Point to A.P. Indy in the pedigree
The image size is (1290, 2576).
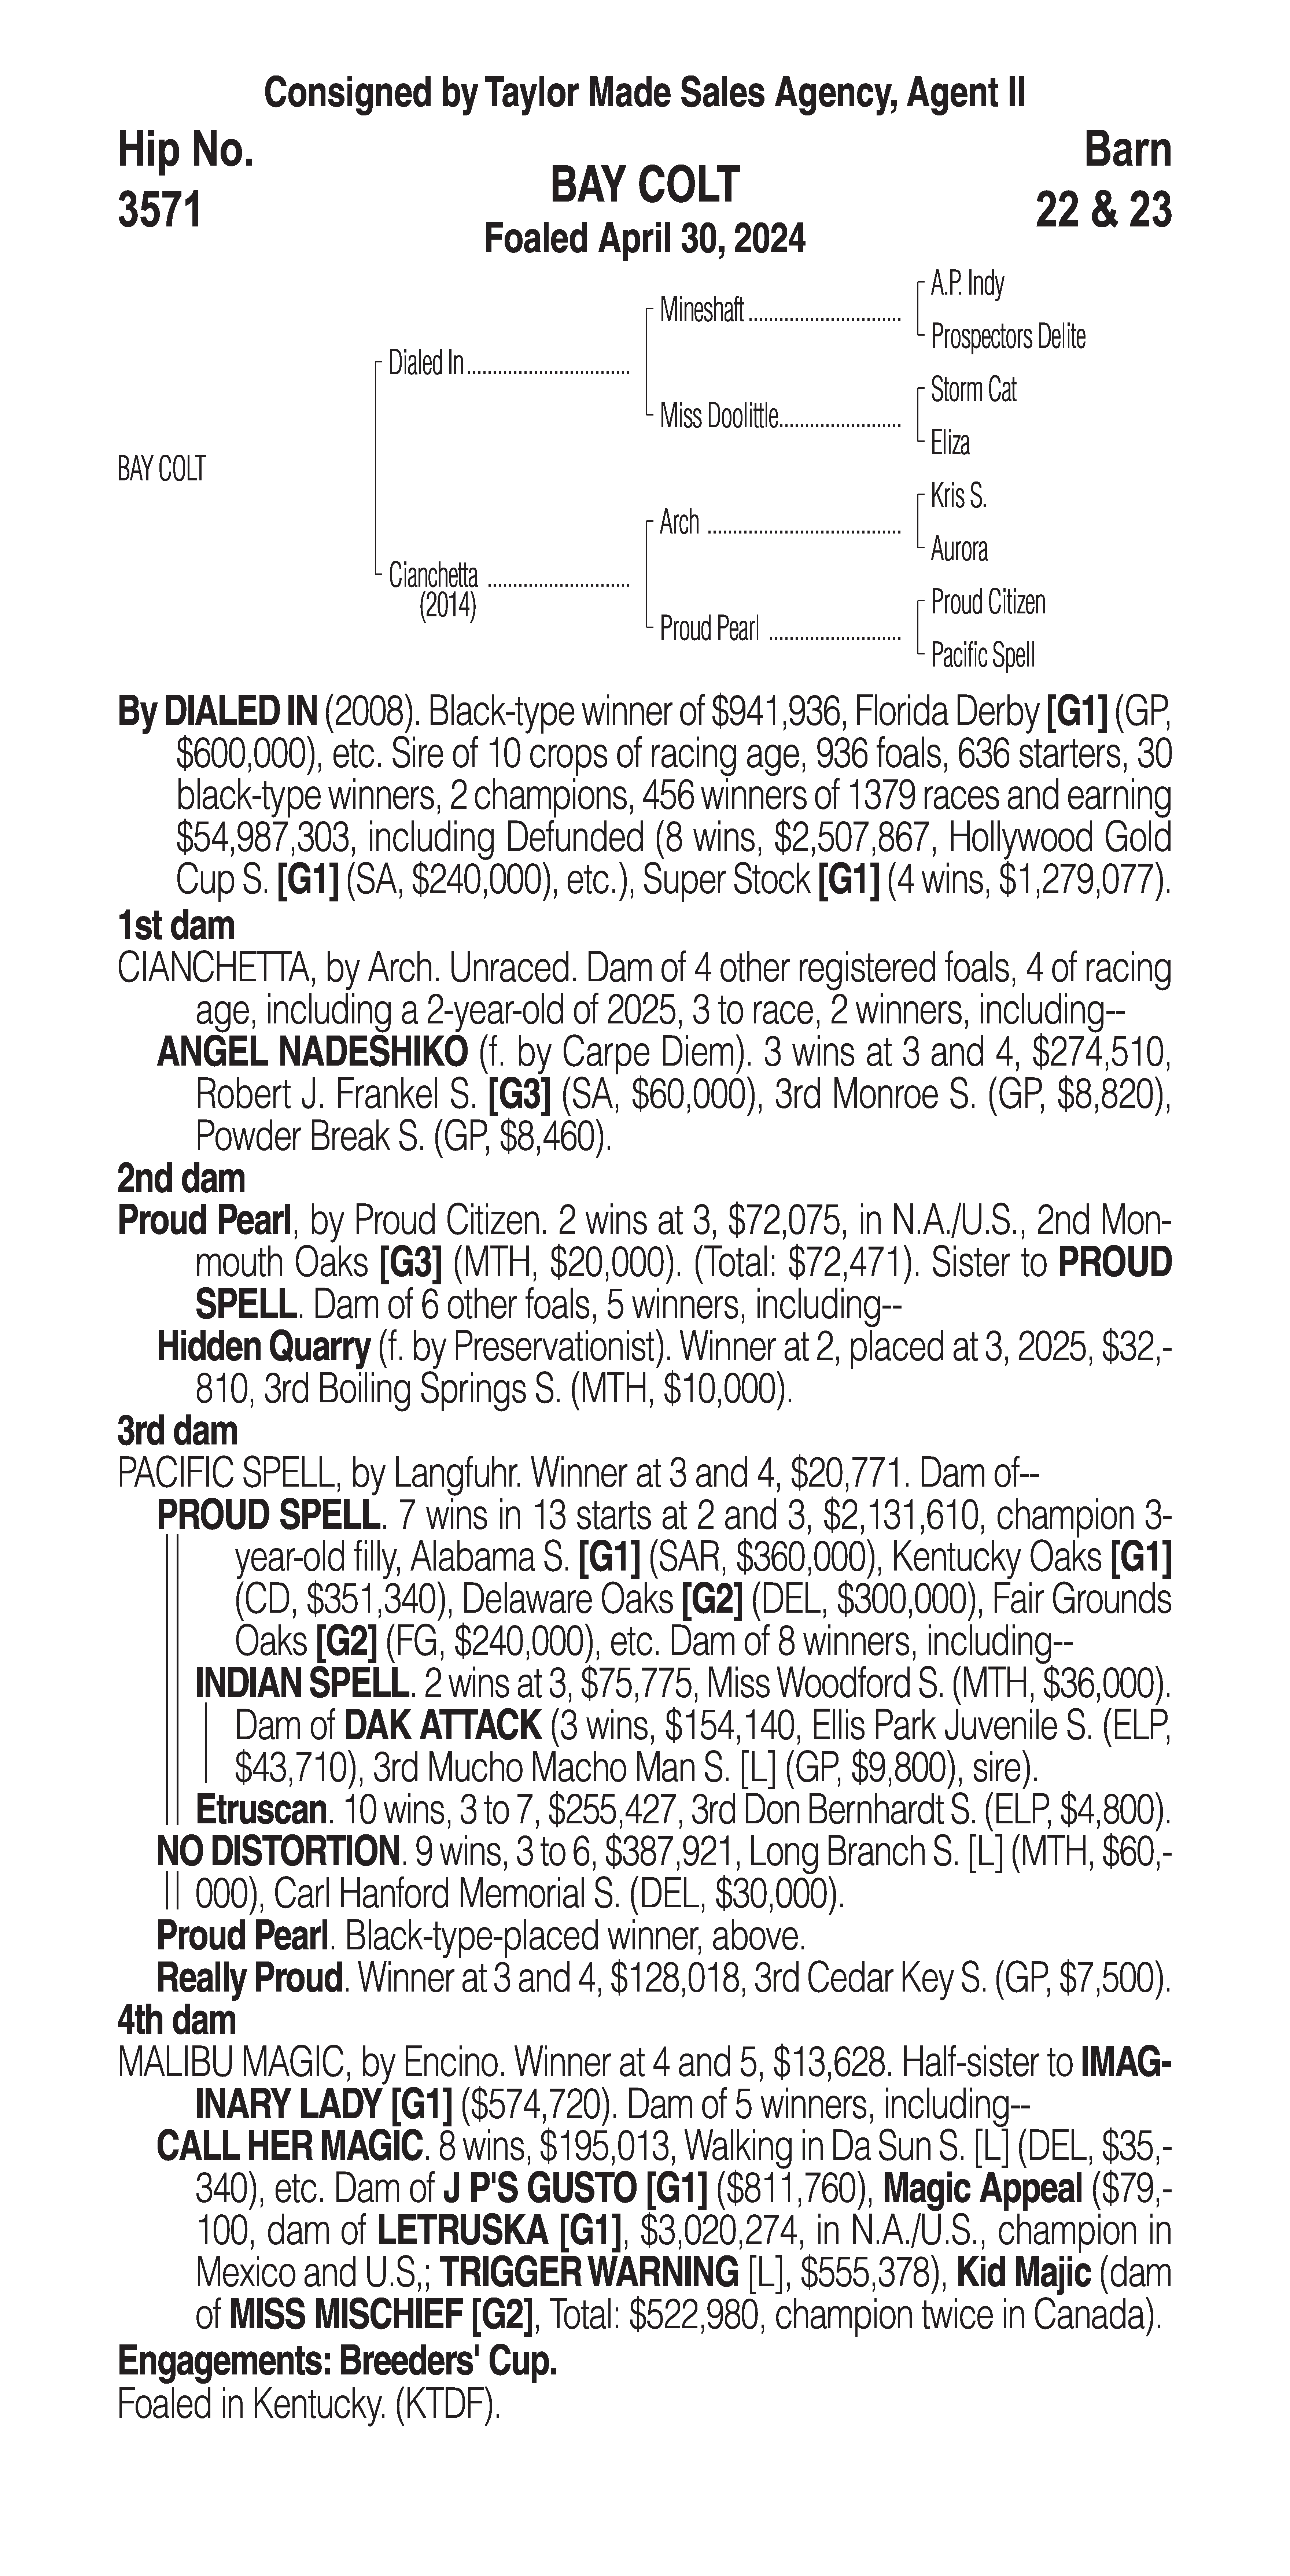[966, 284]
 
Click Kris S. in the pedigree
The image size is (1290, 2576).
[958, 496]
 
